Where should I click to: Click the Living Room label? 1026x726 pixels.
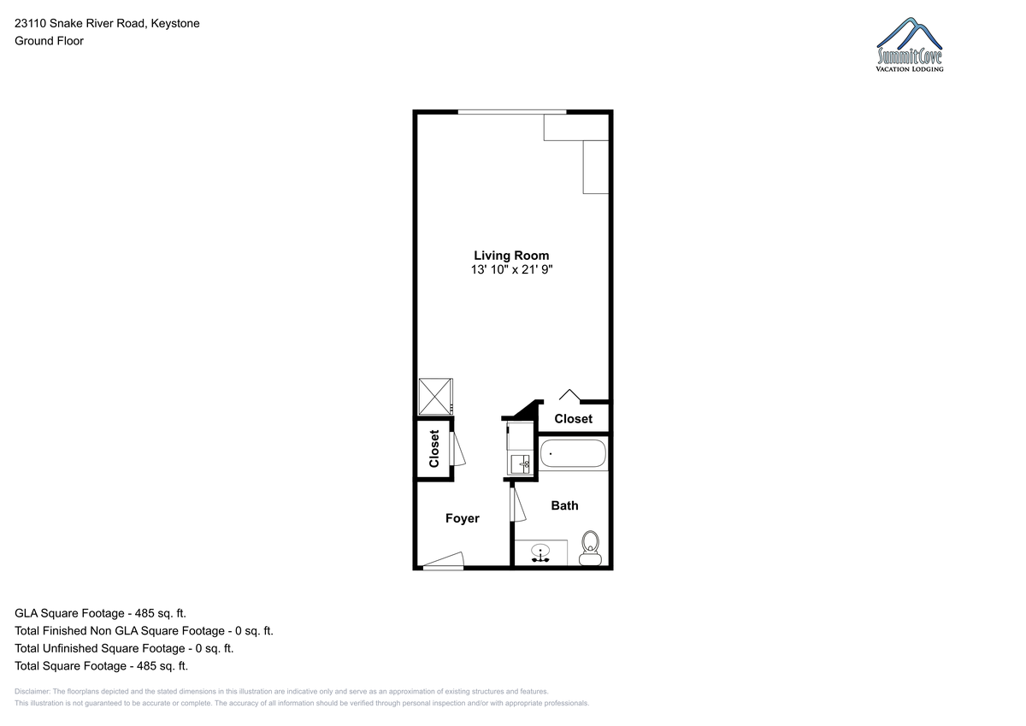pos(511,256)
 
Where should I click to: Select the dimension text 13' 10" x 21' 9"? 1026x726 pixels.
pos(511,269)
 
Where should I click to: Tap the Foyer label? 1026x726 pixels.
pos(463,518)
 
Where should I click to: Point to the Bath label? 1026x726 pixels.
pos(564,505)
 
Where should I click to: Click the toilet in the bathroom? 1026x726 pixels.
pos(590,548)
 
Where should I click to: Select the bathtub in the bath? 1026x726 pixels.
pos(573,453)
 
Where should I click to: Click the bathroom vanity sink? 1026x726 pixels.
pos(540,553)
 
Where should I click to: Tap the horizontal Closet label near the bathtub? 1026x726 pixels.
pos(573,419)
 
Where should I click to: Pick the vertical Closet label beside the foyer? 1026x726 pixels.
pos(433,448)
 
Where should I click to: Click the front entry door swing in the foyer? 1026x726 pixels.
pos(444,561)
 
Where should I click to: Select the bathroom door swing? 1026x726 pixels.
pos(517,505)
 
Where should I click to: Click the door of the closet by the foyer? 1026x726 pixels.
pos(457,449)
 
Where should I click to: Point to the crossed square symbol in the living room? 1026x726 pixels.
pos(435,397)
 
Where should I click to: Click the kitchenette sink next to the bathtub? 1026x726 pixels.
pos(521,464)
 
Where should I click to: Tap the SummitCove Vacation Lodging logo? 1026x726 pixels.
pos(909,44)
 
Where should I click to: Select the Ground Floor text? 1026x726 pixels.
pos(49,41)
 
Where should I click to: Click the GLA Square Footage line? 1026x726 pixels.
pos(100,613)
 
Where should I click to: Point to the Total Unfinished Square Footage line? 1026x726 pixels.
pos(124,648)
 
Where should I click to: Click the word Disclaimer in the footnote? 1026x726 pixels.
pos(32,692)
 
